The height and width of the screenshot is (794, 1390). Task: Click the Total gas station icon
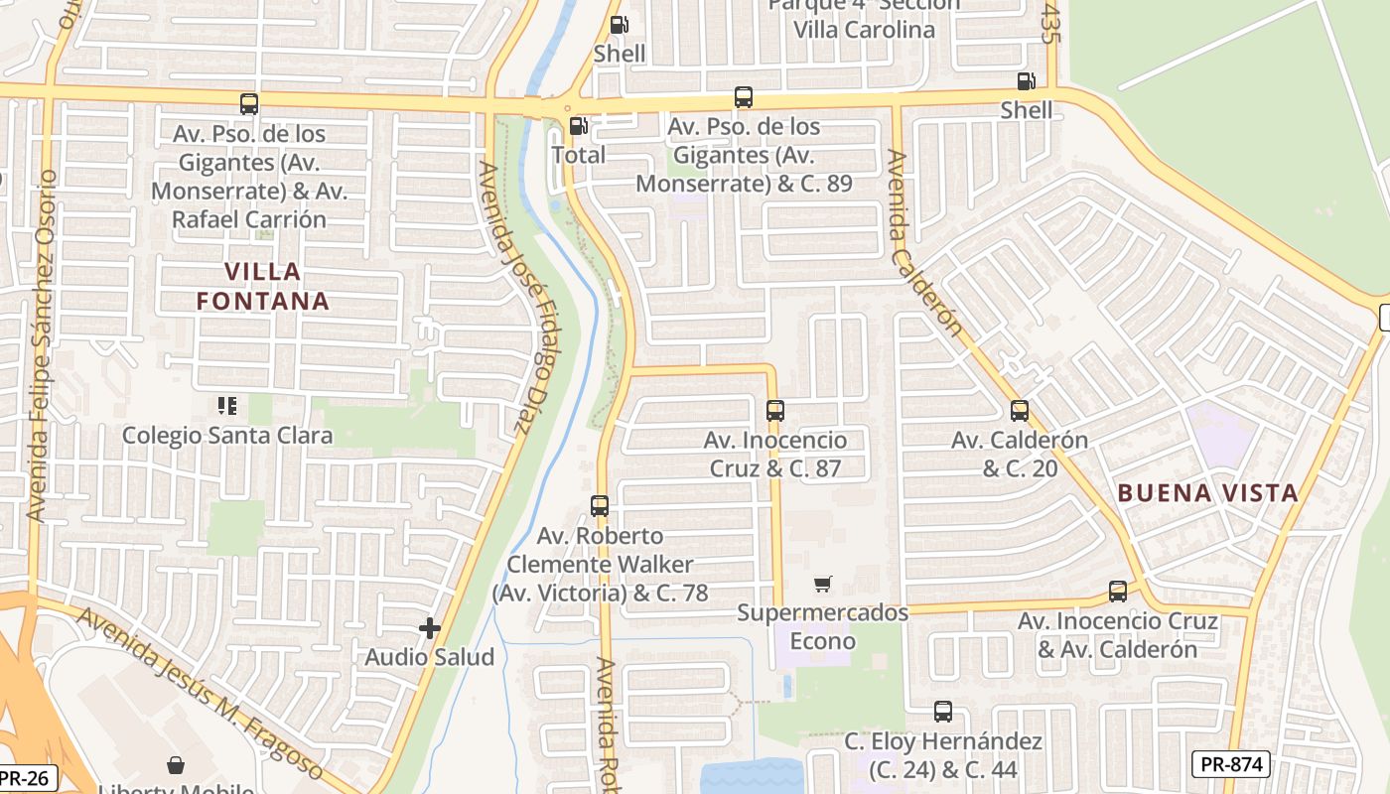(x=578, y=126)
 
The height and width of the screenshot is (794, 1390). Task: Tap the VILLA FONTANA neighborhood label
(x=263, y=286)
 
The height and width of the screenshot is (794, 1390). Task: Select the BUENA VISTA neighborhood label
(x=1207, y=492)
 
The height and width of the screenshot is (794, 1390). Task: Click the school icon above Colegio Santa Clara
(x=227, y=405)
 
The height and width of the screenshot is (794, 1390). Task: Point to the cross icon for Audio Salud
(x=430, y=627)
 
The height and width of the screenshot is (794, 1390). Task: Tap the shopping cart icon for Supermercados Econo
(x=822, y=584)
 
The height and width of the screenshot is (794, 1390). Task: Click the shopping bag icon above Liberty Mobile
(x=176, y=765)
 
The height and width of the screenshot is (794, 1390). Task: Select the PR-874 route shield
(x=1230, y=764)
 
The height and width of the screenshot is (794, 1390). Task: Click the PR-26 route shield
(x=28, y=777)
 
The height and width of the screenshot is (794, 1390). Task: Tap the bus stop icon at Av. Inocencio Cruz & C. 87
(x=775, y=410)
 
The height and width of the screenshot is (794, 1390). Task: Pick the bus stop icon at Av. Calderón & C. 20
(x=1020, y=410)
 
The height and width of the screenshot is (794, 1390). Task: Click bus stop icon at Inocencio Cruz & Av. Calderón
(x=1118, y=592)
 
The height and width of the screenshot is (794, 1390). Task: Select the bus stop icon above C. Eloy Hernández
(x=943, y=711)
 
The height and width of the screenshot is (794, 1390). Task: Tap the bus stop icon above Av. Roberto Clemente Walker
(x=600, y=505)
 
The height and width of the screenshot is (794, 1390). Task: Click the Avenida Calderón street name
(x=925, y=243)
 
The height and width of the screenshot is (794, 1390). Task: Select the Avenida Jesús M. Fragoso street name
(x=201, y=693)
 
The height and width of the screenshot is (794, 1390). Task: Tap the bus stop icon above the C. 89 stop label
(x=744, y=97)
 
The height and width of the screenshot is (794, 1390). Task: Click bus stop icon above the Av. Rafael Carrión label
(x=249, y=103)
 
